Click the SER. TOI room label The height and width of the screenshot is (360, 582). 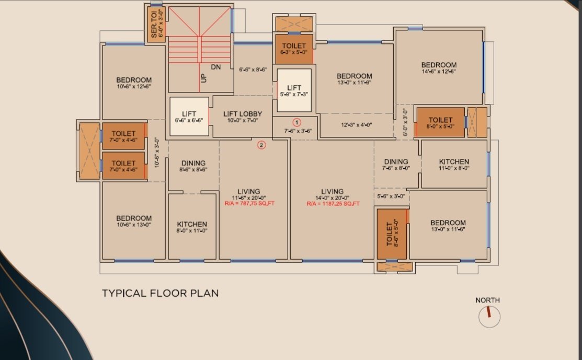pos(154,24)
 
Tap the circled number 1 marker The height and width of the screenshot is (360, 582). pos(296,122)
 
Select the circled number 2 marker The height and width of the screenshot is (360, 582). pos(261,145)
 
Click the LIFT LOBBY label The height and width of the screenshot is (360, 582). pos(243,114)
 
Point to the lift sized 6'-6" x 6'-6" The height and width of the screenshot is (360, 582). pos(189,117)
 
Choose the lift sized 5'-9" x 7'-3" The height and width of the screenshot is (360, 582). pos(294,90)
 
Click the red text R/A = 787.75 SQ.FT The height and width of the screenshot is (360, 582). pos(249,204)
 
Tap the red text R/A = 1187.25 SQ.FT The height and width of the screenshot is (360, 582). pos(333,204)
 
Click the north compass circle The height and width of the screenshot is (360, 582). pos(489,317)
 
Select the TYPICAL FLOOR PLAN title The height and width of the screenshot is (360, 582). pos(161,293)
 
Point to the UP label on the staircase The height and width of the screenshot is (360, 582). pos(203,78)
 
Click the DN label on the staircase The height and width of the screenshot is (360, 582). pos(215,67)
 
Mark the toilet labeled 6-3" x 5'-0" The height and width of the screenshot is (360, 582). pos(294,49)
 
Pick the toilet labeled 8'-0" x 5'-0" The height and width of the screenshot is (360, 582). pos(440,123)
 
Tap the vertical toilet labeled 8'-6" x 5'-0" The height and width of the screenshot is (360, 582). pos(392,234)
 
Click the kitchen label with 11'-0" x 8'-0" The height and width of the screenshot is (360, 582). pos(454,164)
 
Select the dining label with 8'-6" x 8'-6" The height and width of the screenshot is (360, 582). pos(193,166)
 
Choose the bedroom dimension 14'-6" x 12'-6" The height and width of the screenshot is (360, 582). pos(439,72)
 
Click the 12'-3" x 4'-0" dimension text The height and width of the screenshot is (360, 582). pos(356,125)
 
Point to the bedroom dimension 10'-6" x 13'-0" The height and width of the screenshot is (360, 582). pos(134,225)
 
